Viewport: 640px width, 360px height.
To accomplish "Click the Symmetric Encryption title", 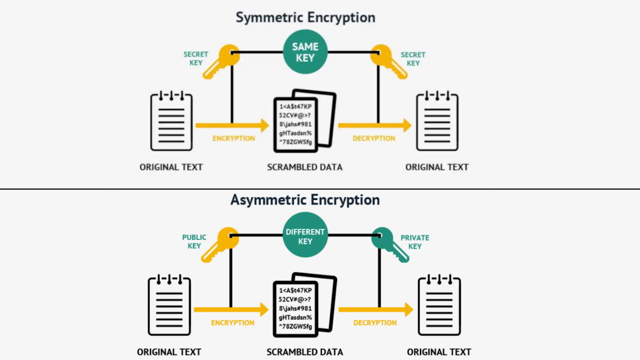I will (305, 17).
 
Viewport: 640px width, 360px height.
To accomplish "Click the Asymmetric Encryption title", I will (305, 200).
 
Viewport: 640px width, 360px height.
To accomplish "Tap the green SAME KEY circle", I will (305, 52).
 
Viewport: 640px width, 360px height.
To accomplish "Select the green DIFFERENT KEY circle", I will (305, 235).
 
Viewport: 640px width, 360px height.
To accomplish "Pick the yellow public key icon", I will (221, 244).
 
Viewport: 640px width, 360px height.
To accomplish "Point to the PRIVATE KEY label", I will (415, 242).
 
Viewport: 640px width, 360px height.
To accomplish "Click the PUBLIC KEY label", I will (194, 242).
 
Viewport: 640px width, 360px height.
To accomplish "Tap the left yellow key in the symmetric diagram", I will (222, 61).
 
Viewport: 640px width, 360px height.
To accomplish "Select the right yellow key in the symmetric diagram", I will (388, 61).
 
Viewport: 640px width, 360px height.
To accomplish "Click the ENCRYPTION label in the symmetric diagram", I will (234, 138).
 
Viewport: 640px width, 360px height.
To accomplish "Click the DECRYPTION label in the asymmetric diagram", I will (375, 323).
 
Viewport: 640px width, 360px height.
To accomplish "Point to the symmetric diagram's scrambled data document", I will (304, 121).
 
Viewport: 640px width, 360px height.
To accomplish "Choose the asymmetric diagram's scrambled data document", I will (304, 305).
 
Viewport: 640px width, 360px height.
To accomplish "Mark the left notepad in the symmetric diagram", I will (171, 122).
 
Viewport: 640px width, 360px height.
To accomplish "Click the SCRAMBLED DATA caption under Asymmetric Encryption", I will (305, 352).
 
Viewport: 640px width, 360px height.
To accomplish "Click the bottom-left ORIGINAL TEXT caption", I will (169, 352).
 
